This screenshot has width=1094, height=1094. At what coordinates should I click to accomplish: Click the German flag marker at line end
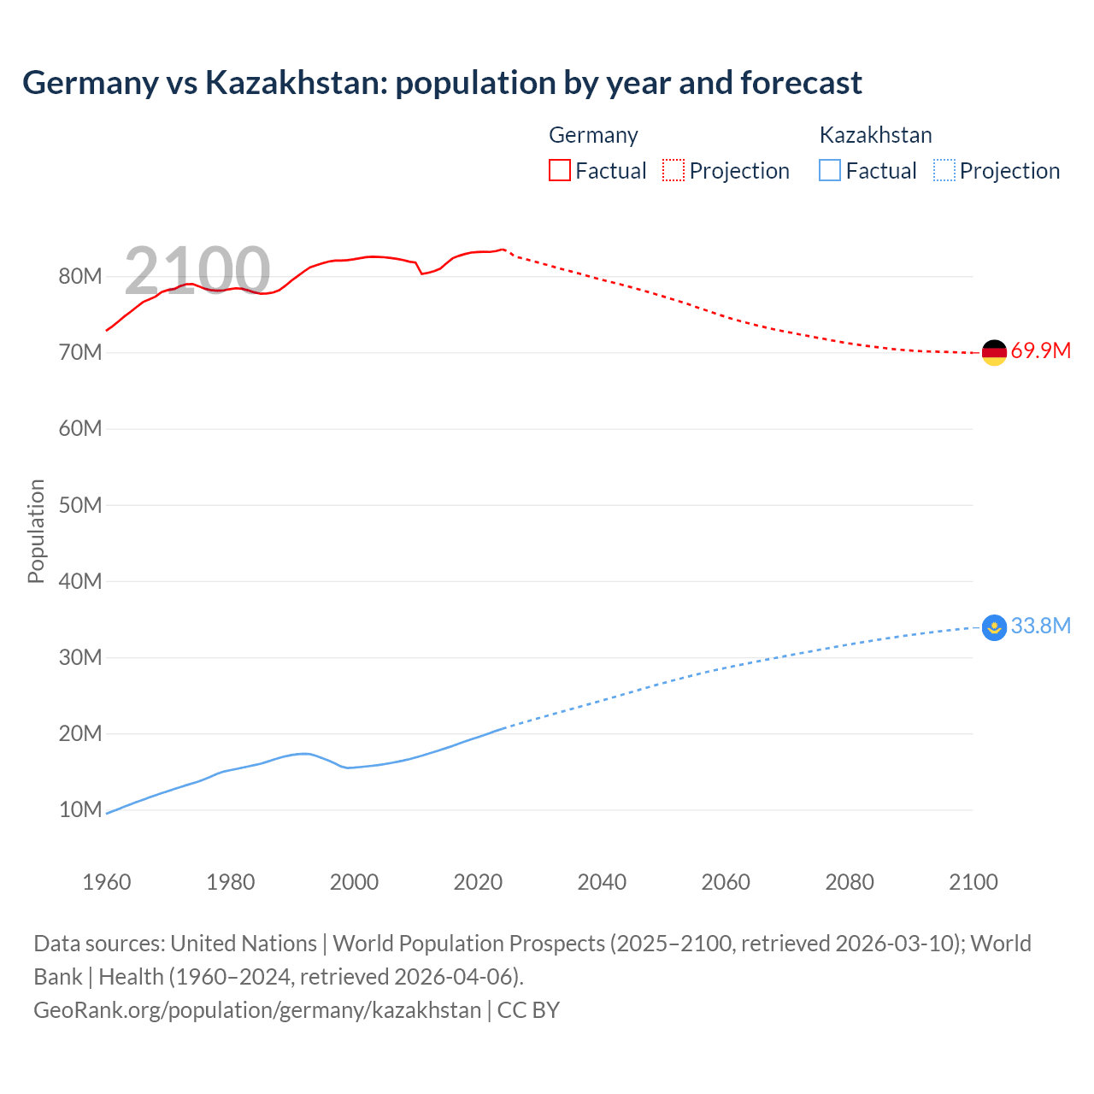(x=994, y=352)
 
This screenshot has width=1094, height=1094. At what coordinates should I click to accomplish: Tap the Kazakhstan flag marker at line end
(x=994, y=628)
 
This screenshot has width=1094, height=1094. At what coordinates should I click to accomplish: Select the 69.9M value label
(x=1040, y=351)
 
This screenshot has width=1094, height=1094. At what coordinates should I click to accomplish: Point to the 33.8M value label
(x=1040, y=626)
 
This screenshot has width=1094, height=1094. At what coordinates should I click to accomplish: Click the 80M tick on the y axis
(x=80, y=276)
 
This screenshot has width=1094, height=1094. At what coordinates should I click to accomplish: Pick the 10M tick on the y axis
(x=80, y=809)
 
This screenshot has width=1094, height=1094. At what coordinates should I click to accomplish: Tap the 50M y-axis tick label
(x=80, y=505)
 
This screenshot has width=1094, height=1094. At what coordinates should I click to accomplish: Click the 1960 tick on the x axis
(x=107, y=882)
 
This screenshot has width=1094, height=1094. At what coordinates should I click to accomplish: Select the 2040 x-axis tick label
(x=602, y=882)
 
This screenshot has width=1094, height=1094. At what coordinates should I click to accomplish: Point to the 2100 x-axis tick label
(x=973, y=882)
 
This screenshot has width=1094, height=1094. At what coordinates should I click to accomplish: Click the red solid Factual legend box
(x=560, y=171)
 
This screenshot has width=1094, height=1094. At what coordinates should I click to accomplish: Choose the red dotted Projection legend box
(x=673, y=171)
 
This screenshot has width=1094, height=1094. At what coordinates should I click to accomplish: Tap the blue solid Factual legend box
(x=830, y=171)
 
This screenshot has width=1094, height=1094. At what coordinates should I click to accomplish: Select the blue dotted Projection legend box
(x=944, y=171)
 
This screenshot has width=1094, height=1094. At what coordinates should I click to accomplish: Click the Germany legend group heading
(x=593, y=135)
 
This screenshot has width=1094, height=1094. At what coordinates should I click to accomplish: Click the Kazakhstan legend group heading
(x=875, y=135)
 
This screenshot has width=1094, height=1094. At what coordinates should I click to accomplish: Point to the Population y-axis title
(x=36, y=531)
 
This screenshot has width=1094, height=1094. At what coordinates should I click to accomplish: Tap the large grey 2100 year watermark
(x=197, y=271)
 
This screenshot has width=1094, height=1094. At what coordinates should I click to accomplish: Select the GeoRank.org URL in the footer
(x=257, y=1010)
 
